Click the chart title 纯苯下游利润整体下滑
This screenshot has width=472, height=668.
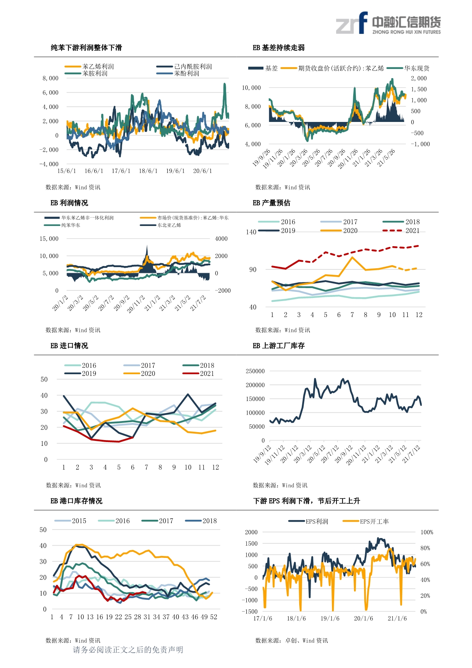coord(86,48)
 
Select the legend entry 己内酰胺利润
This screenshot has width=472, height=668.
coord(184,66)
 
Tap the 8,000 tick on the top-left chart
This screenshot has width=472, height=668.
coord(51,78)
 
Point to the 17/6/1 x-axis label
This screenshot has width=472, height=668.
coord(121,171)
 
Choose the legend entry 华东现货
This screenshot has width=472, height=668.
coord(408,68)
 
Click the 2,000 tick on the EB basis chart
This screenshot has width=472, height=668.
coord(419,78)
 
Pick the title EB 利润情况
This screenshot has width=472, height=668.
coord(69,203)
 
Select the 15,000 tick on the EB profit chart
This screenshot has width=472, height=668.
coord(49,239)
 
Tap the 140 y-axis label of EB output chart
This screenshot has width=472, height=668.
coord(251,232)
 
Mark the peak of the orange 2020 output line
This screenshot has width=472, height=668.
coord(352,257)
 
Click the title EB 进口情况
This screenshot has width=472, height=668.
coord(69,346)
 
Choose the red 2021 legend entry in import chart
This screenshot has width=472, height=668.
coord(198,373)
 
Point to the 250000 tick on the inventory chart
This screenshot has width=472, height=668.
coord(255,371)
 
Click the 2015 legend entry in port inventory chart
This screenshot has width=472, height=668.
coord(70,521)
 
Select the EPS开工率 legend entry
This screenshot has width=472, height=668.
coord(366,521)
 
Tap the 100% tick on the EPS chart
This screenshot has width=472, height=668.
coord(427,532)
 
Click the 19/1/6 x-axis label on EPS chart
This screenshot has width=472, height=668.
coord(330,618)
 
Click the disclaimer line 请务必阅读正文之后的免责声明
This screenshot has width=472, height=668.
coord(128,650)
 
